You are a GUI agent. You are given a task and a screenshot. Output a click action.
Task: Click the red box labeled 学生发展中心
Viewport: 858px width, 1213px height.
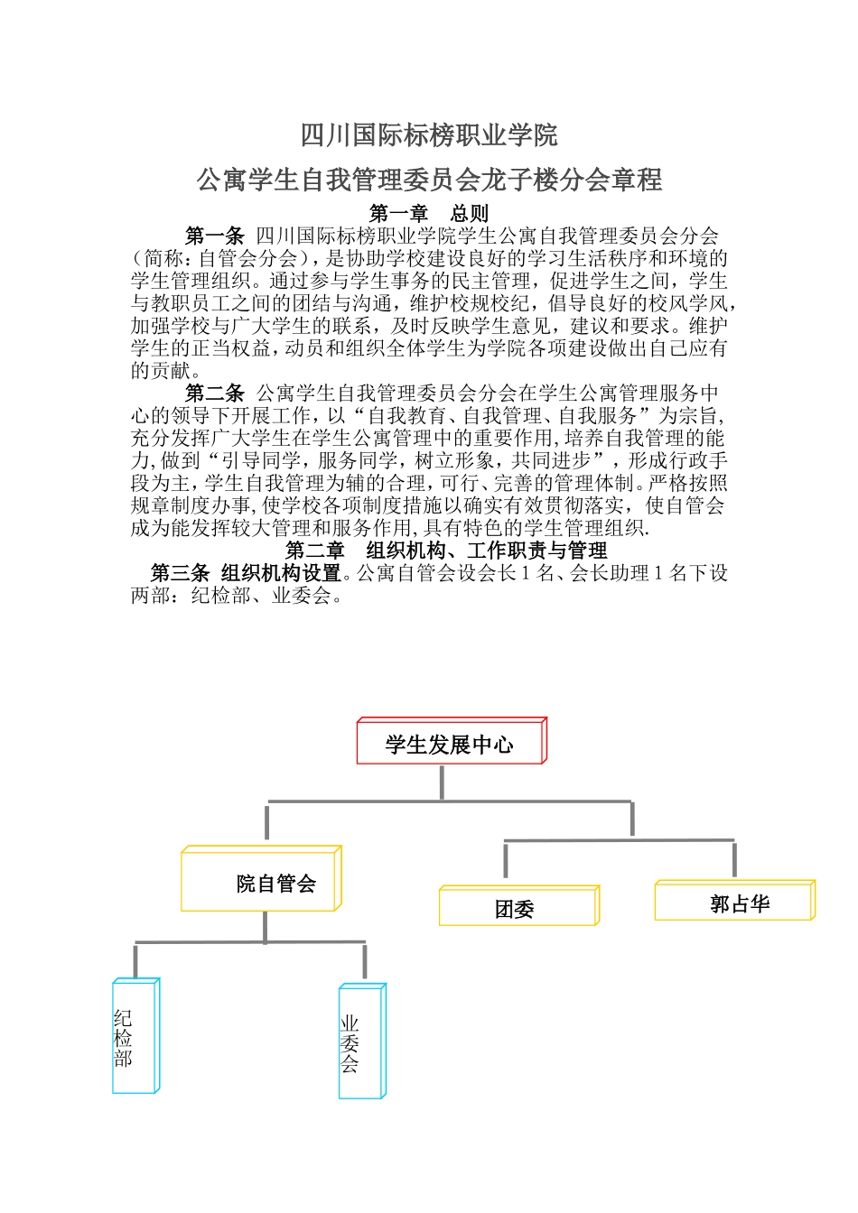click(x=450, y=744)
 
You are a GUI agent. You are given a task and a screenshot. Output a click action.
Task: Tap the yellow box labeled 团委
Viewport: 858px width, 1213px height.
click(x=518, y=908)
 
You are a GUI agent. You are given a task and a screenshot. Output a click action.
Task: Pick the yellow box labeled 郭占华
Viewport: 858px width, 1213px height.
click(x=733, y=903)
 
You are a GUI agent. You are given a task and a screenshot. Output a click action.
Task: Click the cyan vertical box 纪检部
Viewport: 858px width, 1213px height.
click(x=134, y=1038)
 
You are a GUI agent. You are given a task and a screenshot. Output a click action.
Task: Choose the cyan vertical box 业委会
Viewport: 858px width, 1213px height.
click(x=360, y=1043)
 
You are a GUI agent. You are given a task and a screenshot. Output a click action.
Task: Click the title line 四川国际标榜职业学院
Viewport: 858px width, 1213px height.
click(x=429, y=135)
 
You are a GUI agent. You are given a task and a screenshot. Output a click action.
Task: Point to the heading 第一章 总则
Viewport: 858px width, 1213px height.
click(x=429, y=213)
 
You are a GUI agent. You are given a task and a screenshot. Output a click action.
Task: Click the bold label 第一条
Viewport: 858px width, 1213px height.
click(x=215, y=236)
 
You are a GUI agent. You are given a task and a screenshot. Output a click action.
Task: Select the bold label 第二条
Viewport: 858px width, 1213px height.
click(x=215, y=393)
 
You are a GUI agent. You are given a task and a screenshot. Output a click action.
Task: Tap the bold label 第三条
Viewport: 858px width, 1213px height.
click(x=180, y=572)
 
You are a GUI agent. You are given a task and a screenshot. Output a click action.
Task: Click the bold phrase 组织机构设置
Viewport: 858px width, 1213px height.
click(x=281, y=572)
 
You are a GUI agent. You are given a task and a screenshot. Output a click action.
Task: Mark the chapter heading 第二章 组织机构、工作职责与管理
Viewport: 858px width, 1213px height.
click(x=446, y=550)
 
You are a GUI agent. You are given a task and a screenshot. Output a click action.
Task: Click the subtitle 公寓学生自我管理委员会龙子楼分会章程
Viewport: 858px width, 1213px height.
click(x=429, y=181)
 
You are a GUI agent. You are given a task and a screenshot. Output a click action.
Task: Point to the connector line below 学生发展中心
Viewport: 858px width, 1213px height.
click(x=442, y=782)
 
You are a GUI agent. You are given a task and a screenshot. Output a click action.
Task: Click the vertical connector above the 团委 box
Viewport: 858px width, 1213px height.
click(x=505, y=860)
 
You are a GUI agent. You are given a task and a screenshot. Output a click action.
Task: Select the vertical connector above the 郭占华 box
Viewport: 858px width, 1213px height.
click(x=733, y=859)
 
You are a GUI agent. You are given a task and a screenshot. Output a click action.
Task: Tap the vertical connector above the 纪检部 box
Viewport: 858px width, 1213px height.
click(x=135, y=960)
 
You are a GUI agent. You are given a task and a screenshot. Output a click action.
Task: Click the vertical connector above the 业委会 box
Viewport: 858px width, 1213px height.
click(x=365, y=961)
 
